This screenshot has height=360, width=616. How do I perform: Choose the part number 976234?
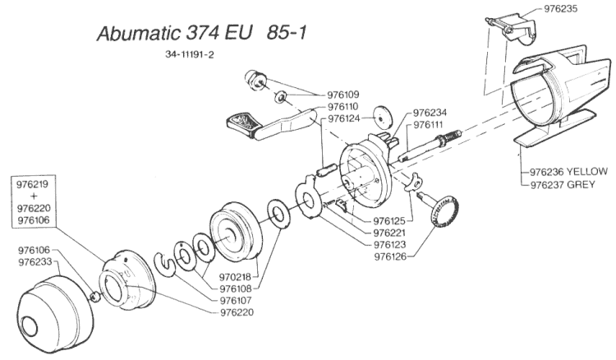tap(430, 113)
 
